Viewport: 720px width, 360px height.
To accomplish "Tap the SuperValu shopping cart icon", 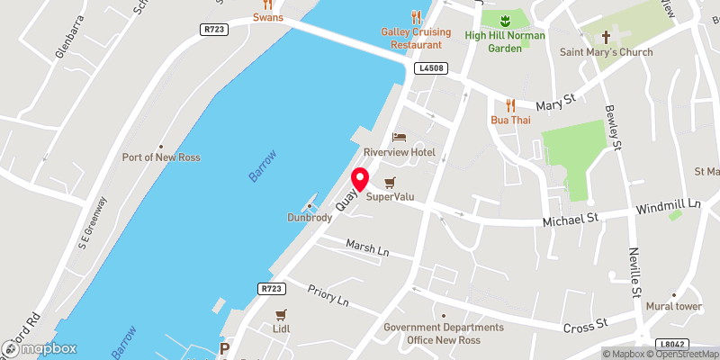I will point(390,182).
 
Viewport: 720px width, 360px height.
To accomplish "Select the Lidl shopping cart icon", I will point(281,314).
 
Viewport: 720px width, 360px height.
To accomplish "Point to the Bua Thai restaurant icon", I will point(510,104).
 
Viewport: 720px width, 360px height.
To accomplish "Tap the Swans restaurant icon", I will point(267,4).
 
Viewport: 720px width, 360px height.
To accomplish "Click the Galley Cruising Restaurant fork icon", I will point(416,16).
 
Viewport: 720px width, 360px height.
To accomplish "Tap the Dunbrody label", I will point(309,217).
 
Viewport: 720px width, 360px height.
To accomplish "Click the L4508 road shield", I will point(431,68).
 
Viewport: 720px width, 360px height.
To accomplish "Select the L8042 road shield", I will point(671,344).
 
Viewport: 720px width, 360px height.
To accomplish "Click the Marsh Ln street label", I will point(367,247).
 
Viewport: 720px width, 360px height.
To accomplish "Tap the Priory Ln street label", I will point(328,297).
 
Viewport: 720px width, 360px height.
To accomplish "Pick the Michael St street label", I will point(570,219).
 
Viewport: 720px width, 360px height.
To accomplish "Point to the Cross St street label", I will point(587,324).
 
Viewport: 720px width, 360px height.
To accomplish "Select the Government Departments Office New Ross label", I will point(444,333).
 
